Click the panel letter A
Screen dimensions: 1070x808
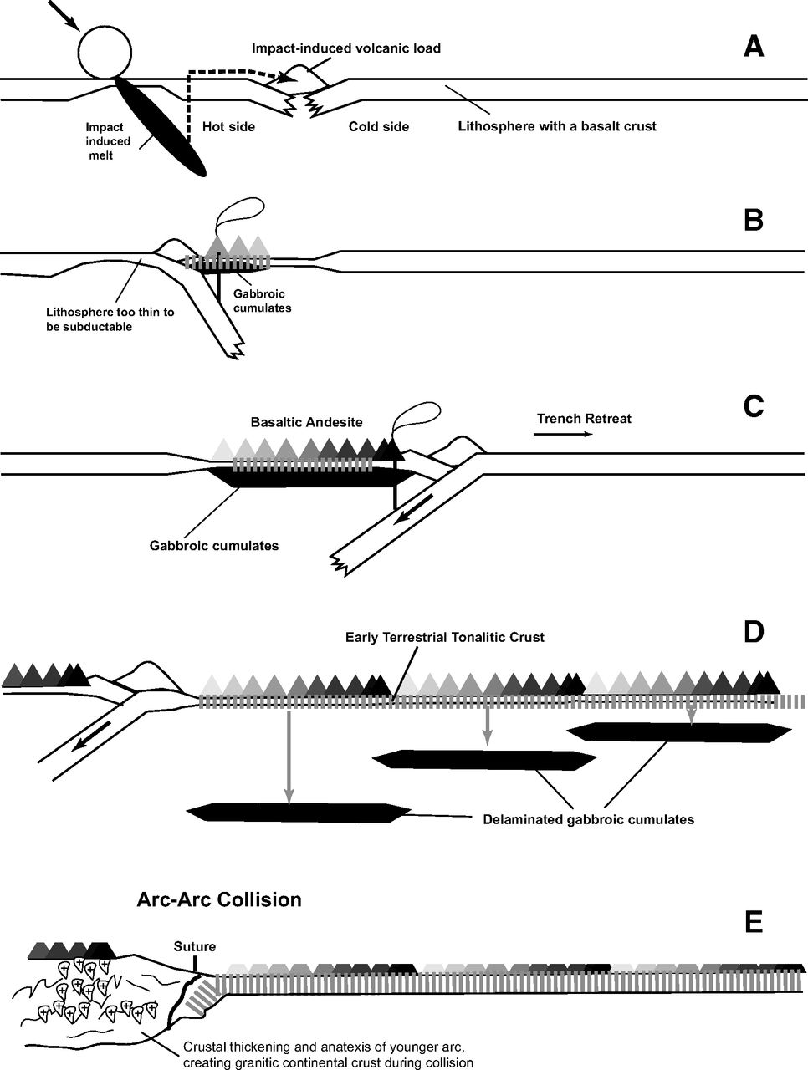pyautogui.click(x=753, y=46)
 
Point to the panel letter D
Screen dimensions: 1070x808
pyautogui.click(x=753, y=631)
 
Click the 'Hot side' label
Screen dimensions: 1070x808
pyautogui.click(x=228, y=127)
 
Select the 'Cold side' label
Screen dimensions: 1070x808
pyautogui.click(x=379, y=127)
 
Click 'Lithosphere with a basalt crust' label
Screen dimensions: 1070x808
pyautogui.click(x=557, y=127)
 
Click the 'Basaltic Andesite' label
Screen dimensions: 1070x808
pyautogui.click(x=306, y=422)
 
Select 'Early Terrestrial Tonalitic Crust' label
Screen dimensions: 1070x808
pyautogui.click(x=444, y=637)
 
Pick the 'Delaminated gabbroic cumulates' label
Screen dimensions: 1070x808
pyautogui.click(x=588, y=819)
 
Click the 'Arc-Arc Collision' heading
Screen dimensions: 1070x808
pyautogui.click(x=218, y=900)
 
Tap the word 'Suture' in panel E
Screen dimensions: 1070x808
pyautogui.click(x=194, y=946)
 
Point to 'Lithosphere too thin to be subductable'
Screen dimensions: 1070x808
pyautogui.click(x=110, y=319)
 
